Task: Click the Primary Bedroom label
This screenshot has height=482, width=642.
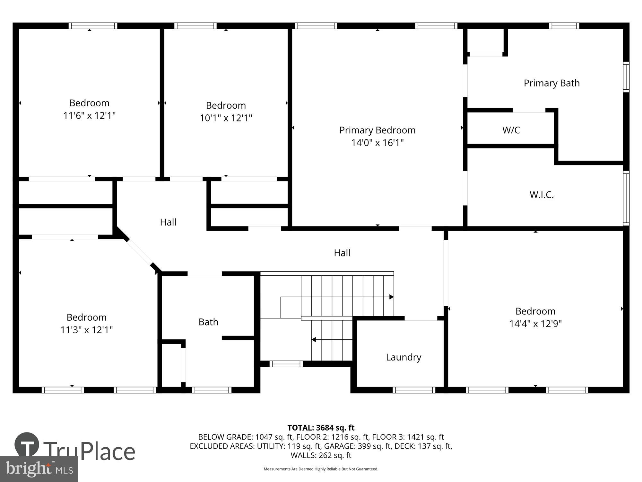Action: [x=377, y=130]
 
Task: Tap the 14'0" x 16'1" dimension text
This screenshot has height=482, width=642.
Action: [x=377, y=143]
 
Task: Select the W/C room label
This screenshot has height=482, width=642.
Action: [x=511, y=130]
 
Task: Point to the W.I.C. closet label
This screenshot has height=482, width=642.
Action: [x=542, y=195]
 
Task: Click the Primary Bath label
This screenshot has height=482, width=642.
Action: [x=551, y=83]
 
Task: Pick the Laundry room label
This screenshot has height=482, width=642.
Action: [x=403, y=357]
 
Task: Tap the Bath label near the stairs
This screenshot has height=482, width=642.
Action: [x=208, y=322]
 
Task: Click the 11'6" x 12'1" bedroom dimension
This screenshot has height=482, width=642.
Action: [x=89, y=115]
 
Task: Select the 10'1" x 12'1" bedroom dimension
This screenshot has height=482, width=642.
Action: [x=226, y=118]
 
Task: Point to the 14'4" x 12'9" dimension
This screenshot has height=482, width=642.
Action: [x=535, y=324]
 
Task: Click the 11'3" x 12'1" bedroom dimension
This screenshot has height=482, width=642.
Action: [x=86, y=330]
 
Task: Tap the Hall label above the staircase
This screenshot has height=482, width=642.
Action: [x=342, y=253]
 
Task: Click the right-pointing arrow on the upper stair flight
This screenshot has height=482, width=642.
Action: [x=391, y=297]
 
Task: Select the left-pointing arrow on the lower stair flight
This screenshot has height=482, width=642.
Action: [x=314, y=340]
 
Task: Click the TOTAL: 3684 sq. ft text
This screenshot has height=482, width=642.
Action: [x=321, y=428]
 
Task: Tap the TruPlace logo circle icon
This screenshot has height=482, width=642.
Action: [x=27, y=445]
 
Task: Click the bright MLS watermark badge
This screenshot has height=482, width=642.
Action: [x=39, y=469]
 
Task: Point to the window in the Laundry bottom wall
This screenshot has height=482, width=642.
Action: [x=414, y=390]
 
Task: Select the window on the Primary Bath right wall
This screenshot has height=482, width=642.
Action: [x=626, y=77]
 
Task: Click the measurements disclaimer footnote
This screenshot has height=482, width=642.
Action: [x=321, y=469]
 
